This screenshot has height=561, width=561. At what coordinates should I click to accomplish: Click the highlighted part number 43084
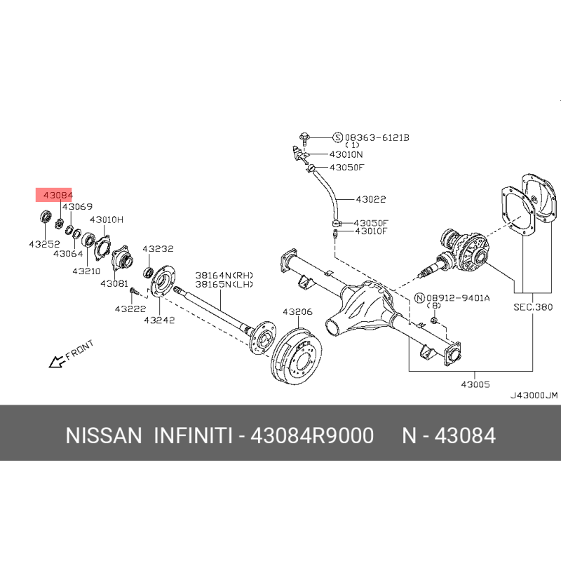[x=58, y=196]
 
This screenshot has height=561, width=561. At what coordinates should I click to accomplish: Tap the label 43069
[x=77, y=207]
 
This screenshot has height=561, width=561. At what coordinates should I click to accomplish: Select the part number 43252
[x=44, y=244]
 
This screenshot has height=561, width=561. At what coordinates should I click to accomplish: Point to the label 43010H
[x=107, y=219]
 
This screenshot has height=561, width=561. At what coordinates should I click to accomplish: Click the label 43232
[x=158, y=249]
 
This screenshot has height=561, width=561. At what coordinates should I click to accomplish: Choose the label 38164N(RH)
[x=224, y=276]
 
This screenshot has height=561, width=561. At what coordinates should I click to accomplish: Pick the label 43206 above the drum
[x=297, y=312]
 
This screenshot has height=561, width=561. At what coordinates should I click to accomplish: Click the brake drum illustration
[x=296, y=356]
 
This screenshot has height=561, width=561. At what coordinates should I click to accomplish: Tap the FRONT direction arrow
[x=57, y=362]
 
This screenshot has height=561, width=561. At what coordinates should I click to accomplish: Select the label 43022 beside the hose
[x=371, y=199]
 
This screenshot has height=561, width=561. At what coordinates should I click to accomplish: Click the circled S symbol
[x=338, y=137]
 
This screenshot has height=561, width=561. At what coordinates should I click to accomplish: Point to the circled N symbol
[x=419, y=298]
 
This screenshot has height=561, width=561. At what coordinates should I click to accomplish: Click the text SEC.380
[x=533, y=307]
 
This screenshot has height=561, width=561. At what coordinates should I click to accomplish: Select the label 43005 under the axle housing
[x=475, y=384]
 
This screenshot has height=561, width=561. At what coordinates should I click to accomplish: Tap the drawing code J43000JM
[x=534, y=396]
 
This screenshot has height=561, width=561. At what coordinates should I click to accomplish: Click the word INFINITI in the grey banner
[x=194, y=435]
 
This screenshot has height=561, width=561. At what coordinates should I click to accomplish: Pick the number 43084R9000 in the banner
[x=312, y=435]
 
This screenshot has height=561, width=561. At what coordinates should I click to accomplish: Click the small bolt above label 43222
[x=133, y=291]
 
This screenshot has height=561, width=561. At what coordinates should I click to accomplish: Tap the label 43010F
[x=371, y=231]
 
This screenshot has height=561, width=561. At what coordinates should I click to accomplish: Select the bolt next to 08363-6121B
[x=304, y=137]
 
